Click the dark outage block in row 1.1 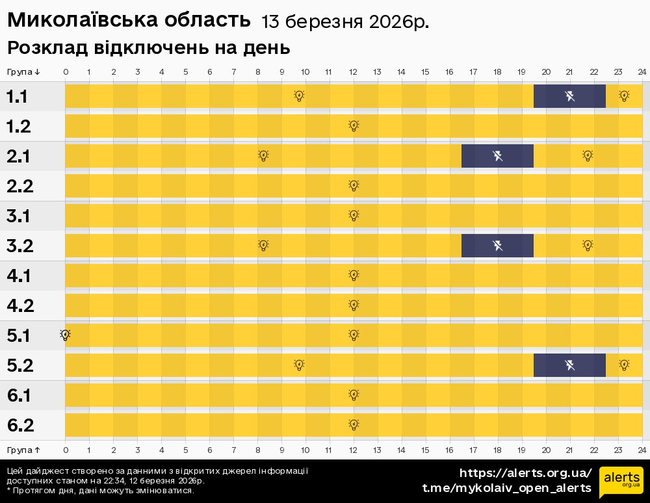click(569, 96)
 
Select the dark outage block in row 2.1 click(497, 156)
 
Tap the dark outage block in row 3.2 click(497, 246)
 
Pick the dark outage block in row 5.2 click(569, 365)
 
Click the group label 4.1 click(19, 276)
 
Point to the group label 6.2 click(20, 426)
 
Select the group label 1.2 click(19, 127)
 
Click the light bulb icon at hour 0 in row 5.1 click(65, 335)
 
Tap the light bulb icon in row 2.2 click(354, 186)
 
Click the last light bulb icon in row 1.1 click(624, 96)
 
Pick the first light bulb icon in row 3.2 click(263, 246)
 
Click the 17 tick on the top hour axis click(473, 71)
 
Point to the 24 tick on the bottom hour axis click(642, 450)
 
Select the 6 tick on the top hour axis click(209, 71)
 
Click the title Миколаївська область click(129, 21)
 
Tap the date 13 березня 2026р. click(344, 22)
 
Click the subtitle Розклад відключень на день click(148, 48)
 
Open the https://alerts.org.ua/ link click(525, 473)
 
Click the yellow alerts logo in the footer click(621, 482)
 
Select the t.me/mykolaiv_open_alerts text click(506, 488)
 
